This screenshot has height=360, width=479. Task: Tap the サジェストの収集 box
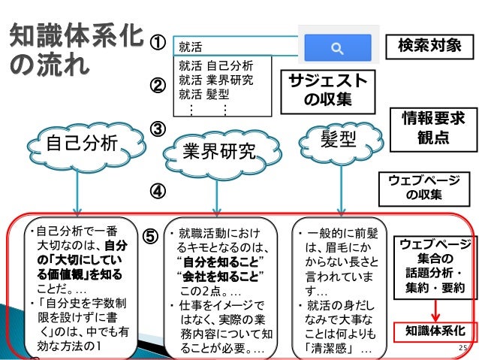(x=324, y=89)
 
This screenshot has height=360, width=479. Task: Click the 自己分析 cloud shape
(x=78, y=144)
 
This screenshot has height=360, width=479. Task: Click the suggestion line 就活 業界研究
(x=216, y=80)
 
